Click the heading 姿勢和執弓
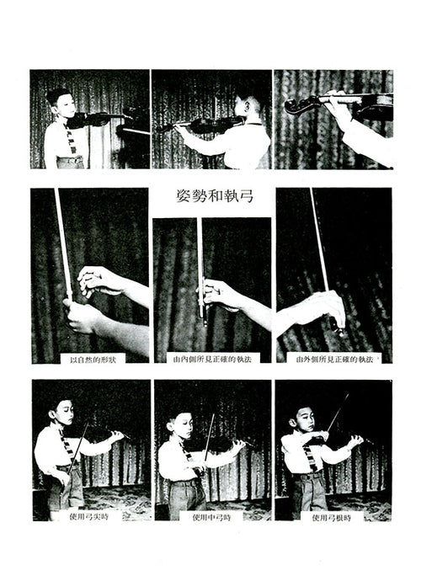215,196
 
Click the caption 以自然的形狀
93,360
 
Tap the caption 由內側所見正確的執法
212,360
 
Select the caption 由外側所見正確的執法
334,360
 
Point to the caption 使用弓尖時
89,517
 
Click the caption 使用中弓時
211,517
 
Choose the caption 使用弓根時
332,518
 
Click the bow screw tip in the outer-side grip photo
341,333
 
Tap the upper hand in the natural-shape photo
99,281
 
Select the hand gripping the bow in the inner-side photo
217,295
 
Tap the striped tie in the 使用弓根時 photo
311,457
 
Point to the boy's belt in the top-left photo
70,160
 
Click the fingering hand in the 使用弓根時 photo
355,440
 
